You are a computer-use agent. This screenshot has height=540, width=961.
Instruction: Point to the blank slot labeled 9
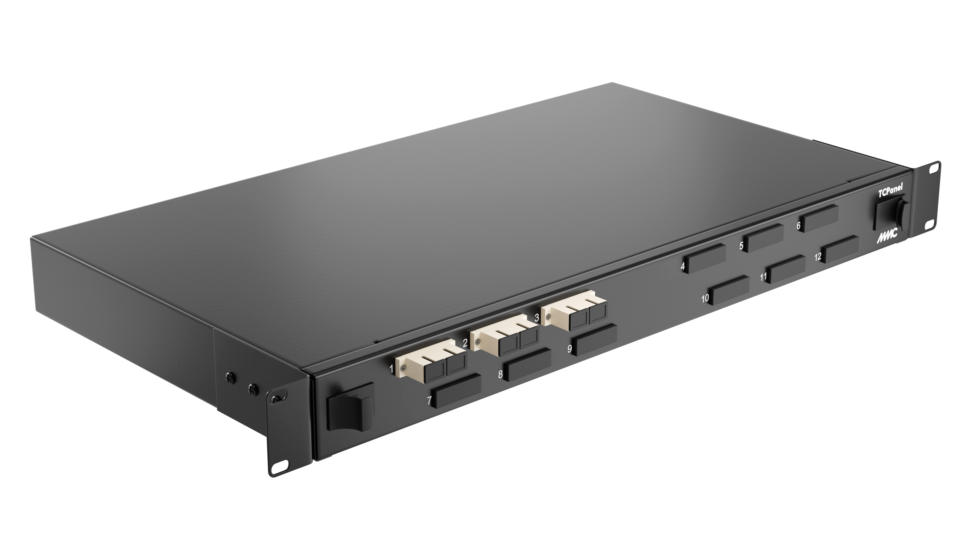[x=595, y=340]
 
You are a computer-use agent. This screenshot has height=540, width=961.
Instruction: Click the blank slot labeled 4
[x=706, y=259]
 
